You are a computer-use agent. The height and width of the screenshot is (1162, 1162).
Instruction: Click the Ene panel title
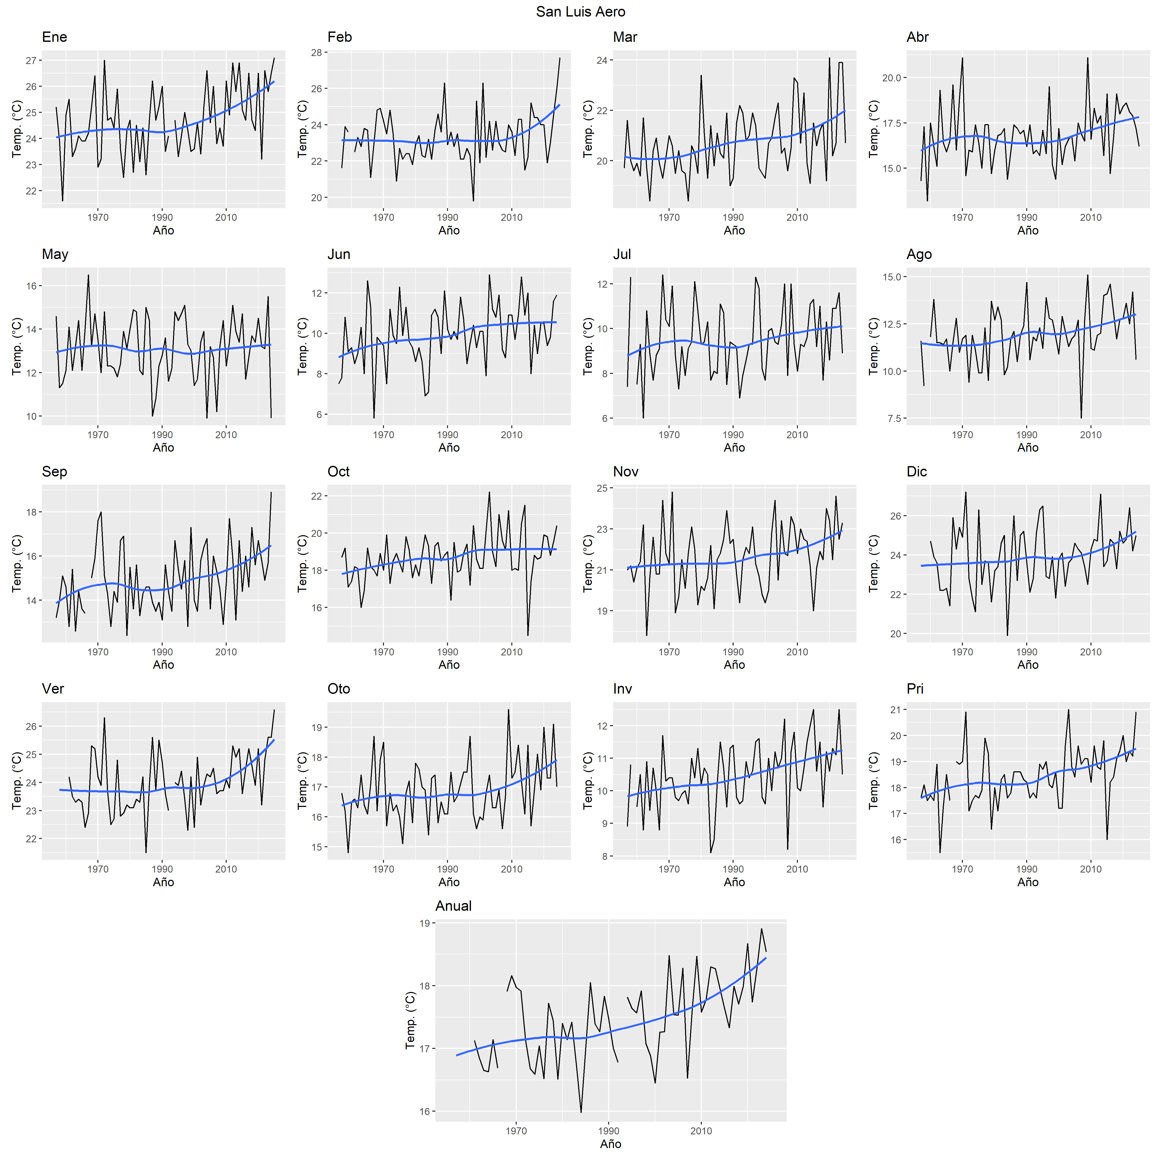pyautogui.click(x=54, y=37)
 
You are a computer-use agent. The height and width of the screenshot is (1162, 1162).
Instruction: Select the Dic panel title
pyautogui.click(x=917, y=472)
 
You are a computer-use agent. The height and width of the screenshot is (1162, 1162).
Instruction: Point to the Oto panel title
pyautogui.click(x=339, y=689)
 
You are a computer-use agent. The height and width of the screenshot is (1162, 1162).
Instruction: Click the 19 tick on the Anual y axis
pyautogui.click(x=425, y=923)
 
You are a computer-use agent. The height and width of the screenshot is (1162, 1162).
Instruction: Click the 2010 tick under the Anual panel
pyautogui.click(x=701, y=1131)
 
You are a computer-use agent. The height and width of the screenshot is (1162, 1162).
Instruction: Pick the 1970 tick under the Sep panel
pyautogui.click(x=98, y=652)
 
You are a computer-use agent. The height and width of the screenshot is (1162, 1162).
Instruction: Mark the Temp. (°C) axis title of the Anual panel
pyautogui.click(x=410, y=1021)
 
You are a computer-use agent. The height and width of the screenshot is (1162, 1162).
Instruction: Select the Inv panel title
pyautogui.click(x=623, y=689)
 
